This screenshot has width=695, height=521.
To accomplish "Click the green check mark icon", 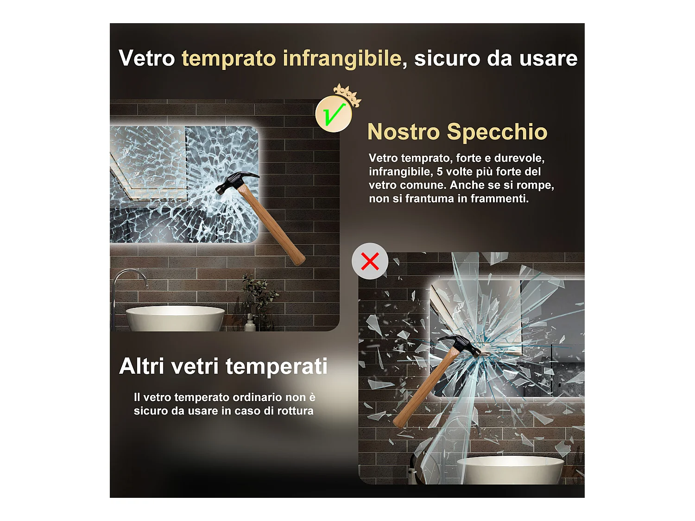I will pos(334,114).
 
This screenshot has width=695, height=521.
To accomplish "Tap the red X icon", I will pos(370,261).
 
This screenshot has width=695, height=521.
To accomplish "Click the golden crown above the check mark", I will pos(347,94).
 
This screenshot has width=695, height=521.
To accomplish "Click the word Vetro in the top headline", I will pos(146,58).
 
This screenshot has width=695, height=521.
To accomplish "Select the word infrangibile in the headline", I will pos(342,59).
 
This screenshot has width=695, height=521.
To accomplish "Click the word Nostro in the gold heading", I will pos(403,132).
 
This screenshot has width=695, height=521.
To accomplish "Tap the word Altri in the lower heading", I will pos(142,366).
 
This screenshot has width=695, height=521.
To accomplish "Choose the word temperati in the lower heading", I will pos(277,366).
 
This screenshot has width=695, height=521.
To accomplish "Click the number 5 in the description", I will pos(440,172).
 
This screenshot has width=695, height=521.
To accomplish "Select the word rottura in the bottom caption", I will pos(295,411).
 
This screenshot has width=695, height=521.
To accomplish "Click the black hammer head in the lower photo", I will pos(459,345).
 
